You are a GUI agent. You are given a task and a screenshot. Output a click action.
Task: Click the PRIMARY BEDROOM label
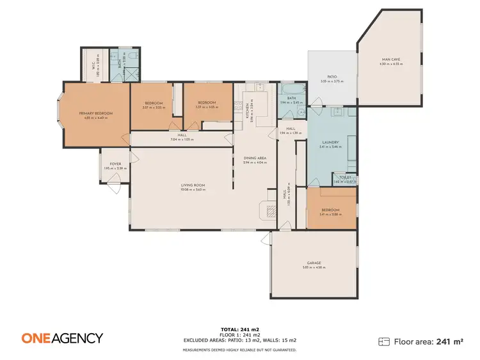coord(96,113)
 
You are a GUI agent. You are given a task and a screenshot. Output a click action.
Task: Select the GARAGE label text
coord(314,263)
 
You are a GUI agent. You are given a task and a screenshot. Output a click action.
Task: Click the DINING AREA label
coord(255,158)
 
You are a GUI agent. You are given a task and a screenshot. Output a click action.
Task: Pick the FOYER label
coord(115,164)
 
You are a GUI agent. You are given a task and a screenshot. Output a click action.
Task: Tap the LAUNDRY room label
coord(331,143)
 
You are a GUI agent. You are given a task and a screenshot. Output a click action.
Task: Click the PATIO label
coord(332,77)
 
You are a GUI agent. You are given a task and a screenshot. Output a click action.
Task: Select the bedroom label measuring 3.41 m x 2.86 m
coord(331,210)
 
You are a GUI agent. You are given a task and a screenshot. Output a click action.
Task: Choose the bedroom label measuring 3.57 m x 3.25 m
coord(154,104)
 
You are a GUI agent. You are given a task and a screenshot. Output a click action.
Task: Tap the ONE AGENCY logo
coord(62,338)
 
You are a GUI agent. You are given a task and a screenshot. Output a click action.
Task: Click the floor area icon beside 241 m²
coord(384,341)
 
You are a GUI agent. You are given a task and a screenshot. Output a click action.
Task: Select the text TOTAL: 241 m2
coord(239,328)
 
